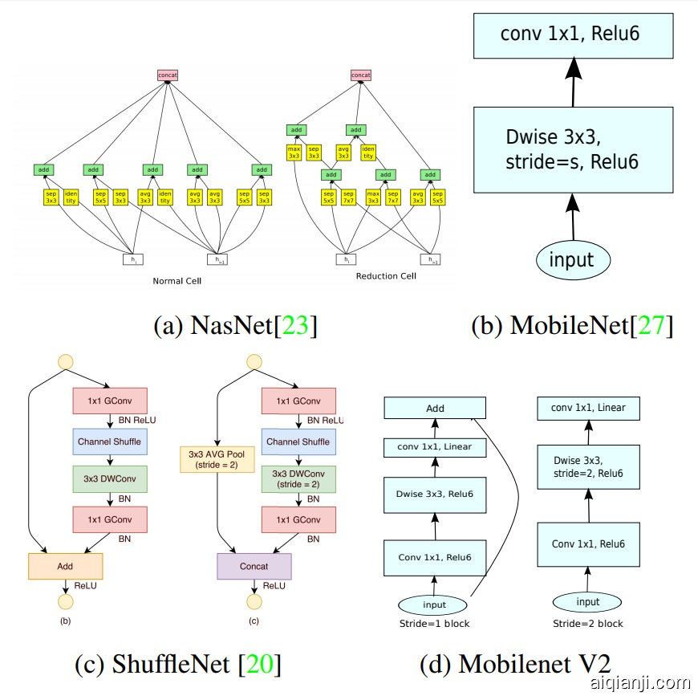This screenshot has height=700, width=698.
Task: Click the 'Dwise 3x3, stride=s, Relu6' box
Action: click(572, 149)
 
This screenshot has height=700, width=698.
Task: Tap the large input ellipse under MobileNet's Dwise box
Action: click(572, 259)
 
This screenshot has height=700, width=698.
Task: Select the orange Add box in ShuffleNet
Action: click(66, 566)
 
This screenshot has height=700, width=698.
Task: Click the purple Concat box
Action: click(254, 566)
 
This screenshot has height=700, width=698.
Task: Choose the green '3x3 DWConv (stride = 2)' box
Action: click(298, 478)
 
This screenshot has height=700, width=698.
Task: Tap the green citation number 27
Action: click(651, 325)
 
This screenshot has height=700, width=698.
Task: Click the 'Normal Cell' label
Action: click(177, 281)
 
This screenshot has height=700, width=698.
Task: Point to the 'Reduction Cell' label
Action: click(386, 275)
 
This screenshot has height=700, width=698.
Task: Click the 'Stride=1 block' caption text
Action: click(434, 623)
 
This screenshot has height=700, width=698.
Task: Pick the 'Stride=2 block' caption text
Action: click(587, 623)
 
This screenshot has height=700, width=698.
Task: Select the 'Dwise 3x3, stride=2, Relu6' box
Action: click(588, 467)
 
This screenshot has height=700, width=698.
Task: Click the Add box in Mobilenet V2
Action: click(435, 408)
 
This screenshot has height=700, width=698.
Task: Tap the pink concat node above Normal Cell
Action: click(168, 75)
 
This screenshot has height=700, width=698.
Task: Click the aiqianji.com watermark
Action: click(639, 683)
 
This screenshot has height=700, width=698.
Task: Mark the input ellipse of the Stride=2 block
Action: click(588, 602)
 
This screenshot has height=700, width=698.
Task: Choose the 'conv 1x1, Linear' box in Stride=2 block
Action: click(588, 408)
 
